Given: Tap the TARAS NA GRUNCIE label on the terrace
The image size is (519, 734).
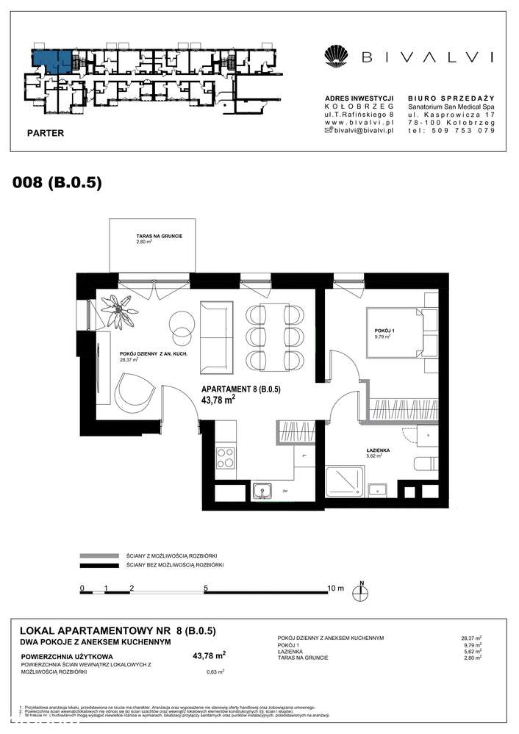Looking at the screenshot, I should click(154, 237).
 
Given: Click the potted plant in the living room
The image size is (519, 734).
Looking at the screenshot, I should click(118, 311).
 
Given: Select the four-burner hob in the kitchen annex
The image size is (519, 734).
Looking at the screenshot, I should click(223, 458).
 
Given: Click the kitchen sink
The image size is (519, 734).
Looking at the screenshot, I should click(262, 491).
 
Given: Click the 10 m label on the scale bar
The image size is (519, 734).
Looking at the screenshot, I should click(335, 589).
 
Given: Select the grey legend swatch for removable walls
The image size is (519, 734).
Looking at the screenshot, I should click(99, 555).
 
